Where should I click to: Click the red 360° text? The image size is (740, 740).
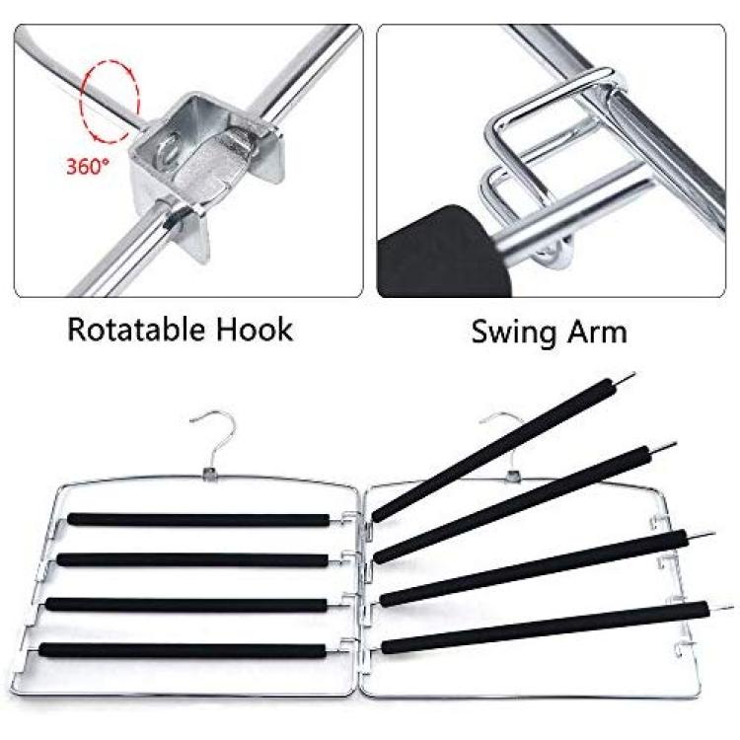88,166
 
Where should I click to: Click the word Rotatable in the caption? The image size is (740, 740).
137,330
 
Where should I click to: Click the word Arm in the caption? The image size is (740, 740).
597,332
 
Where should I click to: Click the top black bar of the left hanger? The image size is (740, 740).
198,520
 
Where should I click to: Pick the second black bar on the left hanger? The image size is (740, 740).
192,560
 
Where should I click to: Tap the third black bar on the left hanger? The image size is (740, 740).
186,605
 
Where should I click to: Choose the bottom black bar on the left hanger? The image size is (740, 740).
183,650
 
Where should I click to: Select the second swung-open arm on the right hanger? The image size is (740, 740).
512,504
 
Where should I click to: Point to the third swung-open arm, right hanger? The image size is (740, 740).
534,567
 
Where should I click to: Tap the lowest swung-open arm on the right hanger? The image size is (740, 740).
545,628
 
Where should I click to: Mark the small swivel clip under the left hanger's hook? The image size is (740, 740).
208,474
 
